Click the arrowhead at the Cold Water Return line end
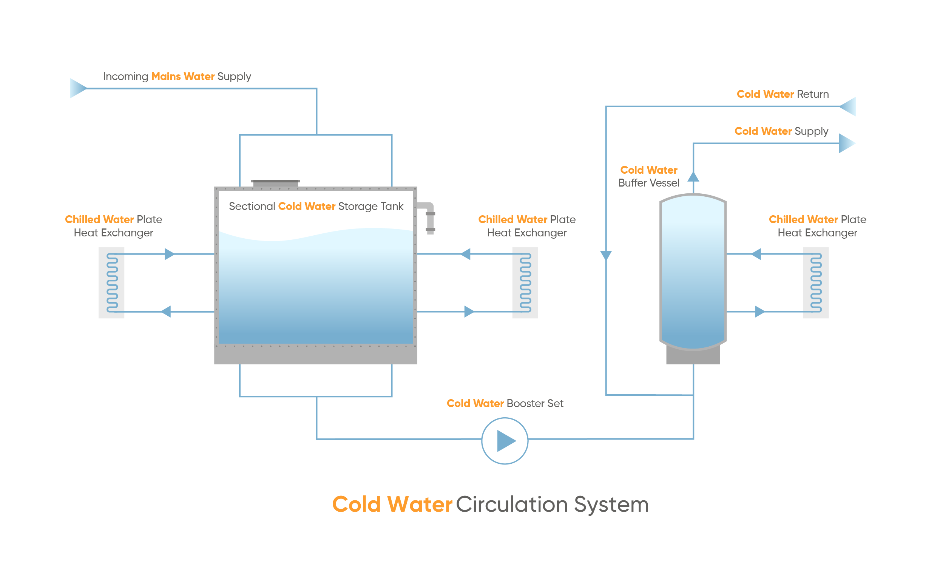(x=848, y=106)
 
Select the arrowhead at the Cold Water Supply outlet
(x=847, y=143)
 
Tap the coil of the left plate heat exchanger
(x=112, y=283)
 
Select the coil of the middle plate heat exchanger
(x=526, y=283)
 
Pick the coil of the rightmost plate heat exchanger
(x=816, y=283)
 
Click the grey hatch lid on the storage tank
(x=275, y=183)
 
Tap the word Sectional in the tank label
(x=252, y=206)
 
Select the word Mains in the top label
(x=166, y=76)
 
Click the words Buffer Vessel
(x=649, y=183)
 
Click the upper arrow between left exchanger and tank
(x=170, y=254)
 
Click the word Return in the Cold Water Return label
(x=813, y=94)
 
